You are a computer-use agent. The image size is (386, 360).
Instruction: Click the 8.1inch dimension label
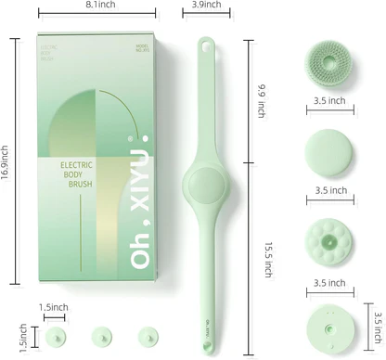coord(99,6)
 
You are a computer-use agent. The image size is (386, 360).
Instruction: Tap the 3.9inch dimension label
coord(206,6)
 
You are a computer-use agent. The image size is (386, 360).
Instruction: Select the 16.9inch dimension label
coord(6,163)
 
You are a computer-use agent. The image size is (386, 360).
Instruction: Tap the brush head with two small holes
coord(330,327)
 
